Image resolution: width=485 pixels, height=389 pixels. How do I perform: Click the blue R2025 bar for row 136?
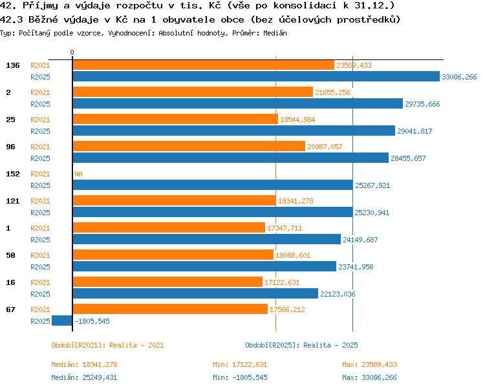[x=256, y=76]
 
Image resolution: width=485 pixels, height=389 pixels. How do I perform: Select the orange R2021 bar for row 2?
[x=193, y=92]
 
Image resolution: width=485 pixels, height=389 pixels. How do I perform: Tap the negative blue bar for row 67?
[x=62, y=321]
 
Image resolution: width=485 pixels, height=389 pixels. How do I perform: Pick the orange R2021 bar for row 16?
[x=167, y=282]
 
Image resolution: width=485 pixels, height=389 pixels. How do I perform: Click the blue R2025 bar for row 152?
[x=213, y=185]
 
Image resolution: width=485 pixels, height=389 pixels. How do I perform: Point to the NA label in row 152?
[x=78, y=174]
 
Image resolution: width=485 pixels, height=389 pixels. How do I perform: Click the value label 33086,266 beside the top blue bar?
[x=459, y=77]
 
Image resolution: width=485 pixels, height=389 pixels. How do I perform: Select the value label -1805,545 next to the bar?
[x=92, y=321]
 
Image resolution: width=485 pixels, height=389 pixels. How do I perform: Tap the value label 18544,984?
[x=297, y=120]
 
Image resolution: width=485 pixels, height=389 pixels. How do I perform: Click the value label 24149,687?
[x=360, y=240]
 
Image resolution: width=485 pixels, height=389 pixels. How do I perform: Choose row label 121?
[x=13, y=201]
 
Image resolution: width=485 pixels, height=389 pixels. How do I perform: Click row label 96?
[x=10, y=147]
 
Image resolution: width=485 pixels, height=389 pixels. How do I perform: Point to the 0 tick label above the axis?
[x=72, y=52]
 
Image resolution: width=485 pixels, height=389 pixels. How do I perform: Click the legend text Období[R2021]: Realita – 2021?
[x=107, y=345]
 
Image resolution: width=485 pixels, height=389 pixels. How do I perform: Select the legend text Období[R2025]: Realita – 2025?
[x=301, y=345]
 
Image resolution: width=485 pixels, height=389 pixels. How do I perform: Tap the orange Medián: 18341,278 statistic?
[x=85, y=364]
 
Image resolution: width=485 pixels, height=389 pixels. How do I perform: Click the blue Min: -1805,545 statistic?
[x=240, y=377]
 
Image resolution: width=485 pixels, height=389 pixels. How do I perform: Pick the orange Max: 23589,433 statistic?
[x=369, y=364]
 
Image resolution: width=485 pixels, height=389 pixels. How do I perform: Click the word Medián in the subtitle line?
[x=275, y=33]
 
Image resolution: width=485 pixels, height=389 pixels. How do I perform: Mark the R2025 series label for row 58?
[x=40, y=267]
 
